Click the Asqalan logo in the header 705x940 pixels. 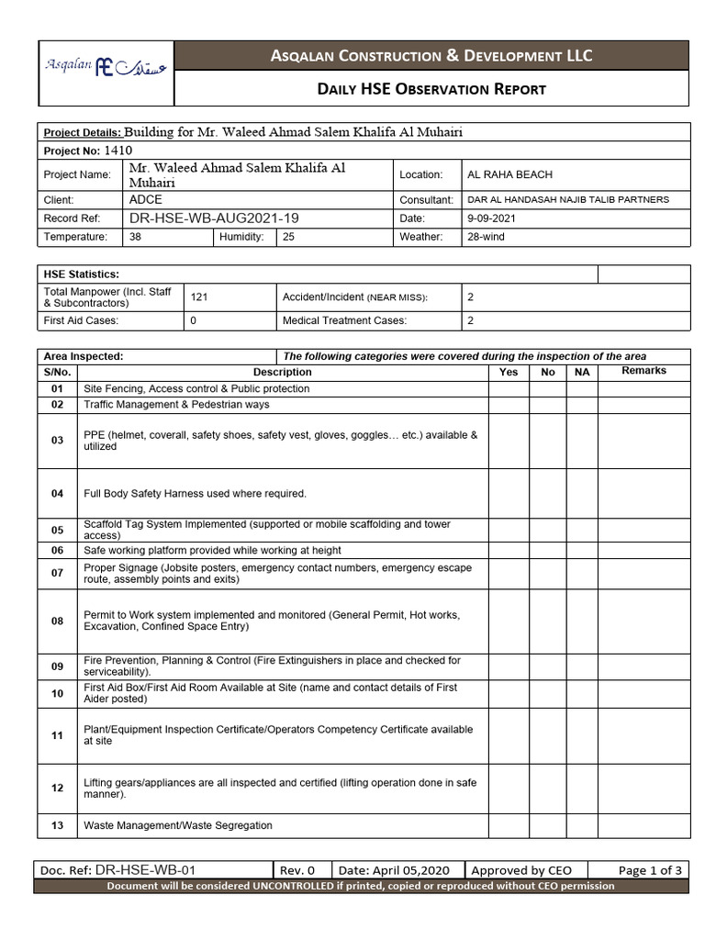[106, 68]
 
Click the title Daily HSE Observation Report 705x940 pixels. [431, 89]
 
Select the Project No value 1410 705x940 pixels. [118, 150]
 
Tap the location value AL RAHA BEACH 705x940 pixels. [509, 174]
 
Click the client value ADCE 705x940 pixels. [146, 199]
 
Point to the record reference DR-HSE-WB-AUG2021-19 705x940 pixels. [214, 218]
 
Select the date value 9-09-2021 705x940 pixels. [492, 218]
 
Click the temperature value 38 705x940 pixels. [136, 237]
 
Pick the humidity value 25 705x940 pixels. [288, 237]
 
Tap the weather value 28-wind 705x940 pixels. [486, 237]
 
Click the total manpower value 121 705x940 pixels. [199, 297]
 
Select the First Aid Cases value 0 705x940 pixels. [194, 320]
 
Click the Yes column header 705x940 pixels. [509, 372]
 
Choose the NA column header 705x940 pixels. [582, 372]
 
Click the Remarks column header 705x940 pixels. [643, 371]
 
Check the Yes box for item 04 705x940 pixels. [509, 494]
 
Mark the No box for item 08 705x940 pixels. [548, 621]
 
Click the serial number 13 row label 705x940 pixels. [58, 825]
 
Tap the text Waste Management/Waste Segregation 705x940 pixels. [178, 825]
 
